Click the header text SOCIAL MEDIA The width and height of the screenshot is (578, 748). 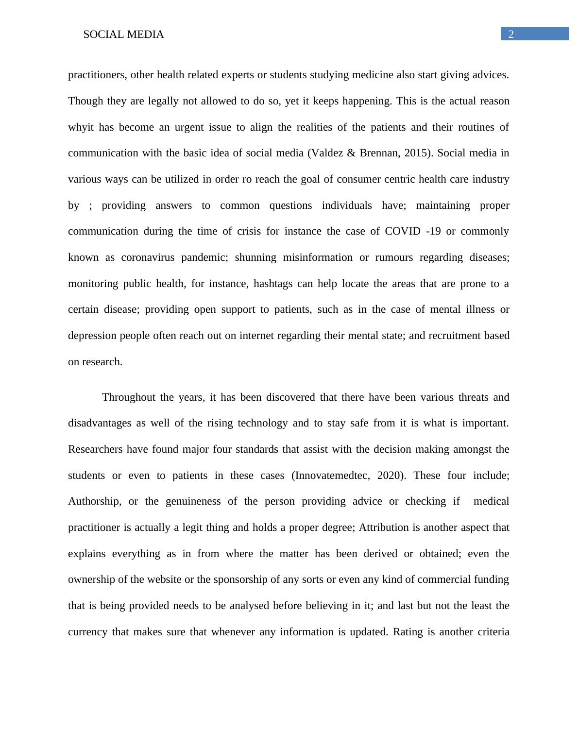point(123,34)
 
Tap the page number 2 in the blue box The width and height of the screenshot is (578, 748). point(511,34)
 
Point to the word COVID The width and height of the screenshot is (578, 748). point(403,231)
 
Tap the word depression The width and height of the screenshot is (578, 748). point(92,336)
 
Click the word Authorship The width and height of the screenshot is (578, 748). point(94,501)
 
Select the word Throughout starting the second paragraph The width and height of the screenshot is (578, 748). point(129,397)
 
